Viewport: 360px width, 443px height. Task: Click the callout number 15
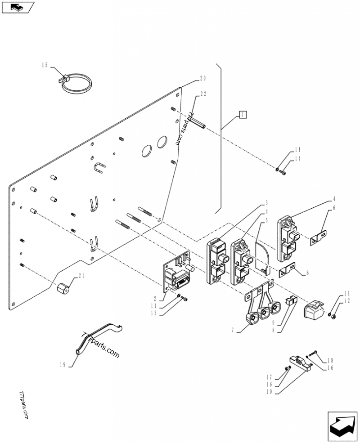click(x=45, y=65)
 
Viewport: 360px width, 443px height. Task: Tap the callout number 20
click(x=203, y=78)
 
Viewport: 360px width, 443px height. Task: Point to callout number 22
click(x=203, y=94)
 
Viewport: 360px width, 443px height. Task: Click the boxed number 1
click(x=243, y=114)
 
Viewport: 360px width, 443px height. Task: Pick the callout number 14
click(x=297, y=159)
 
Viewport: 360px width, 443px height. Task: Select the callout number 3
click(x=266, y=203)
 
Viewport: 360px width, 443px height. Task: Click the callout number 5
click(x=266, y=220)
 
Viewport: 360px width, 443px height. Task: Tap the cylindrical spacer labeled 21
click(x=63, y=289)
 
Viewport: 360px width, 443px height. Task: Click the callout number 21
click(x=81, y=275)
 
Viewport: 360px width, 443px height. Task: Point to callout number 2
click(x=155, y=299)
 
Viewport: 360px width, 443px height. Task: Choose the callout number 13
click(x=153, y=313)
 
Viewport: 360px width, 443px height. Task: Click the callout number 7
click(x=233, y=330)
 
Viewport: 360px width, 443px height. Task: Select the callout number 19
click(x=63, y=365)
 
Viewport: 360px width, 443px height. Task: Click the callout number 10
click(x=269, y=392)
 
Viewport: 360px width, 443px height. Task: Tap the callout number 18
click(x=330, y=361)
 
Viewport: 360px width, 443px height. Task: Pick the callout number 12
click(x=346, y=301)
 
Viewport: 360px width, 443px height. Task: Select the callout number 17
click(x=269, y=377)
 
